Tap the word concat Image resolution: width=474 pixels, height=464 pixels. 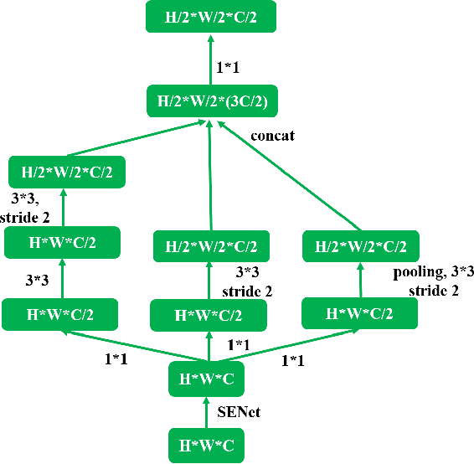[x=273, y=135]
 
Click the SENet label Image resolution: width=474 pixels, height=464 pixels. [x=238, y=412]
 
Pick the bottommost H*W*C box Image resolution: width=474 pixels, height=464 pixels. [x=208, y=444]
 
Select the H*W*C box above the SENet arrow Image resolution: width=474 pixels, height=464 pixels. [x=208, y=379]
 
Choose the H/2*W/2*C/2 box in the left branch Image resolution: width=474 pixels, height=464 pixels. [x=66, y=173]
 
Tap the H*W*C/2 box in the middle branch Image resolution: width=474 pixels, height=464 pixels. [x=209, y=316]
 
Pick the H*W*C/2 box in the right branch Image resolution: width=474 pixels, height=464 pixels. [x=360, y=314]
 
